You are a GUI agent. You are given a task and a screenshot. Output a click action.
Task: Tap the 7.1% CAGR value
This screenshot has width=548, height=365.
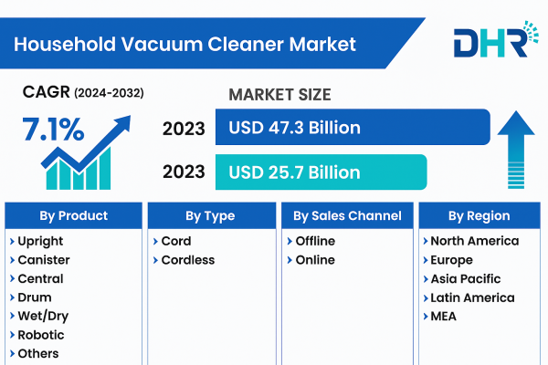pyautogui.click(x=53, y=130)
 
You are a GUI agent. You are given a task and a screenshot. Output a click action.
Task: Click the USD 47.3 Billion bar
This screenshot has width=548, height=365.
pyautogui.click(x=352, y=128)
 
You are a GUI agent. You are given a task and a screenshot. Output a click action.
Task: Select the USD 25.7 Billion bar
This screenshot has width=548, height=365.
pyautogui.click(x=320, y=172)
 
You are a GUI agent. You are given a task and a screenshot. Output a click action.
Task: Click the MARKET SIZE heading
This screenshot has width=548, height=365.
pyautogui.click(x=279, y=95)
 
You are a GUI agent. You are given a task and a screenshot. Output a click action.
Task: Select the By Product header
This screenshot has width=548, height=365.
pyautogui.click(x=73, y=216)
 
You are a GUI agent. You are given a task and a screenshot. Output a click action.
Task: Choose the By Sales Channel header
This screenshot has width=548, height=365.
pyautogui.click(x=347, y=216)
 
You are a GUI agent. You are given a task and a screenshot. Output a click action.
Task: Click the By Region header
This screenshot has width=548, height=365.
pyautogui.click(x=479, y=216)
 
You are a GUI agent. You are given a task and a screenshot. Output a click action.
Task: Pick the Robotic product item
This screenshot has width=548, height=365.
pyautogui.click(x=40, y=335)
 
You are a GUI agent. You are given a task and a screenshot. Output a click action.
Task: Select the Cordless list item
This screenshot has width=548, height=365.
pyautogui.click(x=187, y=260)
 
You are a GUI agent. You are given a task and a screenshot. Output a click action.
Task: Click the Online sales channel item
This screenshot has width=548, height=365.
pyautogui.click(x=315, y=260)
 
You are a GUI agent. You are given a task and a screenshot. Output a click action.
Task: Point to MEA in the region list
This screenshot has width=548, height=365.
pyautogui.click(x=443, y=317)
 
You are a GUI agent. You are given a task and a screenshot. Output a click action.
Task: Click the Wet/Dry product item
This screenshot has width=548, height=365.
pyautogui.click(x=42, y=316)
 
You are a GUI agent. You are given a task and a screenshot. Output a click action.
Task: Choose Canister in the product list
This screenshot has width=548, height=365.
pyautogui.click(x=43, y=260)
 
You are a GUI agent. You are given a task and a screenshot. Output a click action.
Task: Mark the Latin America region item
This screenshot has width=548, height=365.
pyautogui.click(x=472, y=297)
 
